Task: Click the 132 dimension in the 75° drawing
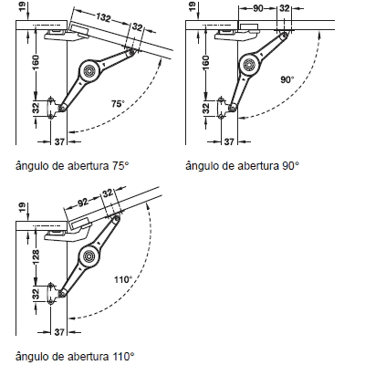point(103,17)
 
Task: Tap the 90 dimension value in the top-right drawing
point(257,8)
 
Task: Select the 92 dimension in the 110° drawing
point(83,203)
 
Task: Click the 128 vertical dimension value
point(36,256)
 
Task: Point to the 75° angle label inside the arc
point(118,104)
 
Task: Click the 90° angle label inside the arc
point(287,80)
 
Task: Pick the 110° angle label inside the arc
point(123,279)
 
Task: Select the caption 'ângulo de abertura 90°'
point(243,167)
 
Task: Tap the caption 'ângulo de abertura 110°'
point(75,356)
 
